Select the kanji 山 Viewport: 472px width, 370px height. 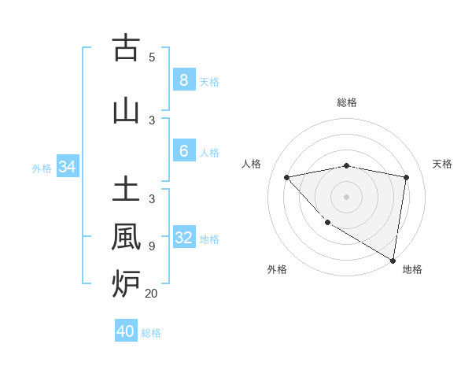(126, 111)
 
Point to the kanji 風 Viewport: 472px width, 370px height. (126, 236)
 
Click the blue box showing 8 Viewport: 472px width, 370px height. (183, 80)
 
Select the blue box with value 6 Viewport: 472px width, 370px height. (183, 152)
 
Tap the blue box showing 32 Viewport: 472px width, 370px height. (184, 239)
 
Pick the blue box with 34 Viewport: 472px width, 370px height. (67, 167)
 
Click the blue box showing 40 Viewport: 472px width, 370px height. (126, 331)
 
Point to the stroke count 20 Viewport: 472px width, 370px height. (151, 294)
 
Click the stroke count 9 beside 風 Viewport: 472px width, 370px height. (152, 246)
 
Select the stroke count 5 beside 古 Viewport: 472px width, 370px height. (152, 57)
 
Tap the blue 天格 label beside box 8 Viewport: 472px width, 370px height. (209, 81)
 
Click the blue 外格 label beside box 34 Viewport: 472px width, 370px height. (42, 168)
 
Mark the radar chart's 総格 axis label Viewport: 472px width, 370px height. (347, 102)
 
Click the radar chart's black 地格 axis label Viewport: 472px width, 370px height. (412, 270)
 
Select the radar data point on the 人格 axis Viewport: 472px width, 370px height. (287, 177)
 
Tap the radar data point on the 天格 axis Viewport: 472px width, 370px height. (406, 177)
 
